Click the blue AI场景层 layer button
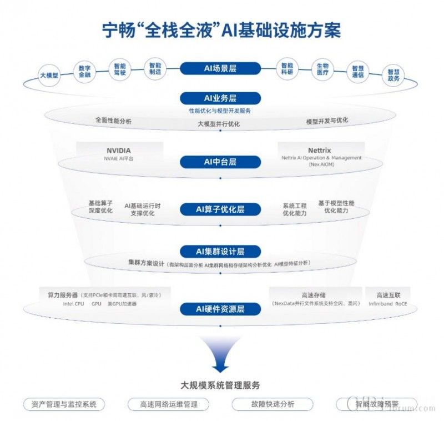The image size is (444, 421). (x=220, y=68)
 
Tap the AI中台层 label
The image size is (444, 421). (x=220, y=162)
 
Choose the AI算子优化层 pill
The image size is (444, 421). (x=220, y=209)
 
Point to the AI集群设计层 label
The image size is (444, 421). (x=220, y=251)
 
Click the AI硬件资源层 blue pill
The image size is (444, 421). (x=220, y=309)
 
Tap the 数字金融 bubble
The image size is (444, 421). (x=85, y=70)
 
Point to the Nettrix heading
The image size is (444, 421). (x=319, y=150)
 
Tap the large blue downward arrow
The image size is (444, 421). (x=220, y=355)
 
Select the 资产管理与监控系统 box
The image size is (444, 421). (x=64, y=404)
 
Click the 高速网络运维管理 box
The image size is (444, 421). (x=169, y=404)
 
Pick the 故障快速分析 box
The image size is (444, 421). (x=272, y=404)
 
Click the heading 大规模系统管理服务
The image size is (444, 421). (x=220, y=384)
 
